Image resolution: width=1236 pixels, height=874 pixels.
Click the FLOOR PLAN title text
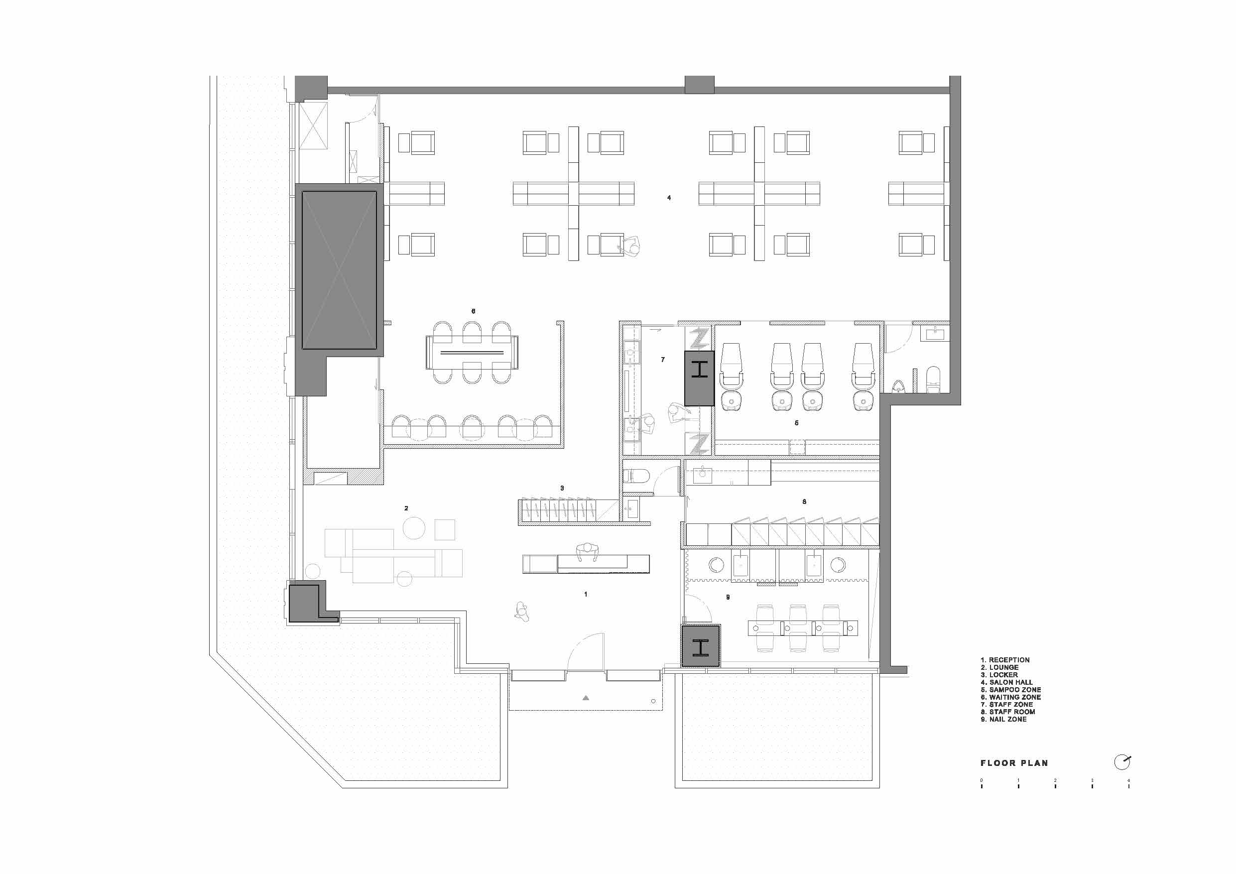(x=1014, y=763)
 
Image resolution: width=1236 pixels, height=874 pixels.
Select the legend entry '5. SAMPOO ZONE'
(x=1010, y=689)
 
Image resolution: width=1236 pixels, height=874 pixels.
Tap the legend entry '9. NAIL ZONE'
(x=1003, y=719)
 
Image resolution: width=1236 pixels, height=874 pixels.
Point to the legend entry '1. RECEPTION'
(x=1004, y=660)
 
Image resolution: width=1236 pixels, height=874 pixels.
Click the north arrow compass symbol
(x=1122, y=762)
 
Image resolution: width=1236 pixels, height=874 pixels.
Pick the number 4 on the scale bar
(x=1129, y=780)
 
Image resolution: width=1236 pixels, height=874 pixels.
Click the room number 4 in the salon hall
(x=669, y=198)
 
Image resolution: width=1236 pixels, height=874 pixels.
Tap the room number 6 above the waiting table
(x=473, y=311)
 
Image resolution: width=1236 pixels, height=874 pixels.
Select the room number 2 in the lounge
(x=406, y=508)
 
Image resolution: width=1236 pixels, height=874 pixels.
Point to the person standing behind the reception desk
(x=587, y=552)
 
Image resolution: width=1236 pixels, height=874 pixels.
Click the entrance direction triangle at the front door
(x=586, y=698)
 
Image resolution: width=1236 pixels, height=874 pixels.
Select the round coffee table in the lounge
(x=414, y=528)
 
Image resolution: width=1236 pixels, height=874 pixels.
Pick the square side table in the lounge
(x=445, y=529)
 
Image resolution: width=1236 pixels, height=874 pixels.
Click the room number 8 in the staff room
(x=804, y=501)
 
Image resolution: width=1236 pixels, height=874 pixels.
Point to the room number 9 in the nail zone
(x=728, y=597)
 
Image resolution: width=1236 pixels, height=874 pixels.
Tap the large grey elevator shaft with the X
(x=339, y=270)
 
